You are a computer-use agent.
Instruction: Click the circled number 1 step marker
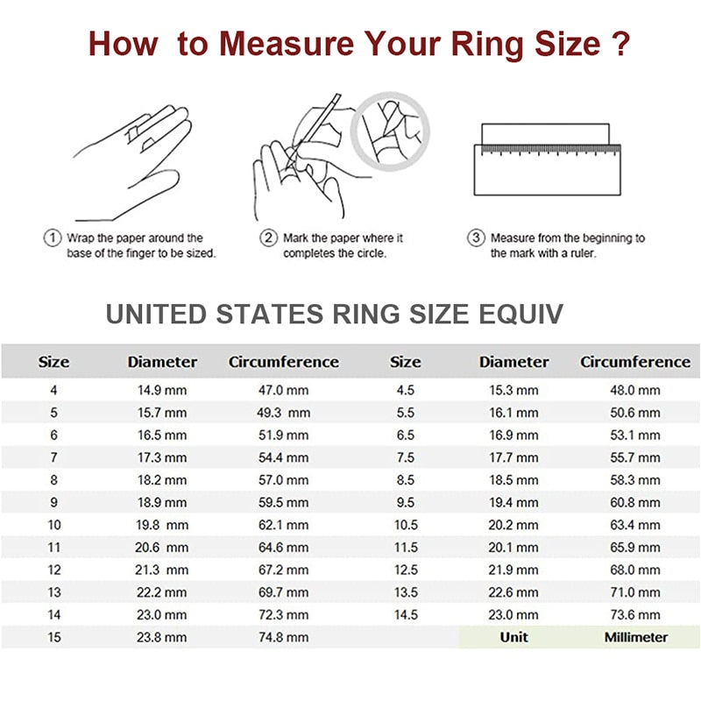point(52,237)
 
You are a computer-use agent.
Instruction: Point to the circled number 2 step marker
point(268,237)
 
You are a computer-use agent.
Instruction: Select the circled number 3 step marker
point(476,237)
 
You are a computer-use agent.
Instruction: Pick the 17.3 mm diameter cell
point(162,457)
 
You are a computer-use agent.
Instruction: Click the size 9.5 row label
point(405,503)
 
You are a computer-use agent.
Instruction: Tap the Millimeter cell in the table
point(635,638)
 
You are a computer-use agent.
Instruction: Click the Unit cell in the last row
point(513,638)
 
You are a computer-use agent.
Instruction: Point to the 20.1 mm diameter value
point(513,548)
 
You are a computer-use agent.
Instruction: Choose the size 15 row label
point(54,638)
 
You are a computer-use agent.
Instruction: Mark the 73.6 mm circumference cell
point(635,615)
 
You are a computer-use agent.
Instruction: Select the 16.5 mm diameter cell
point(162,435)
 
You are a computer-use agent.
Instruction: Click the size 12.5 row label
point(405,570)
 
